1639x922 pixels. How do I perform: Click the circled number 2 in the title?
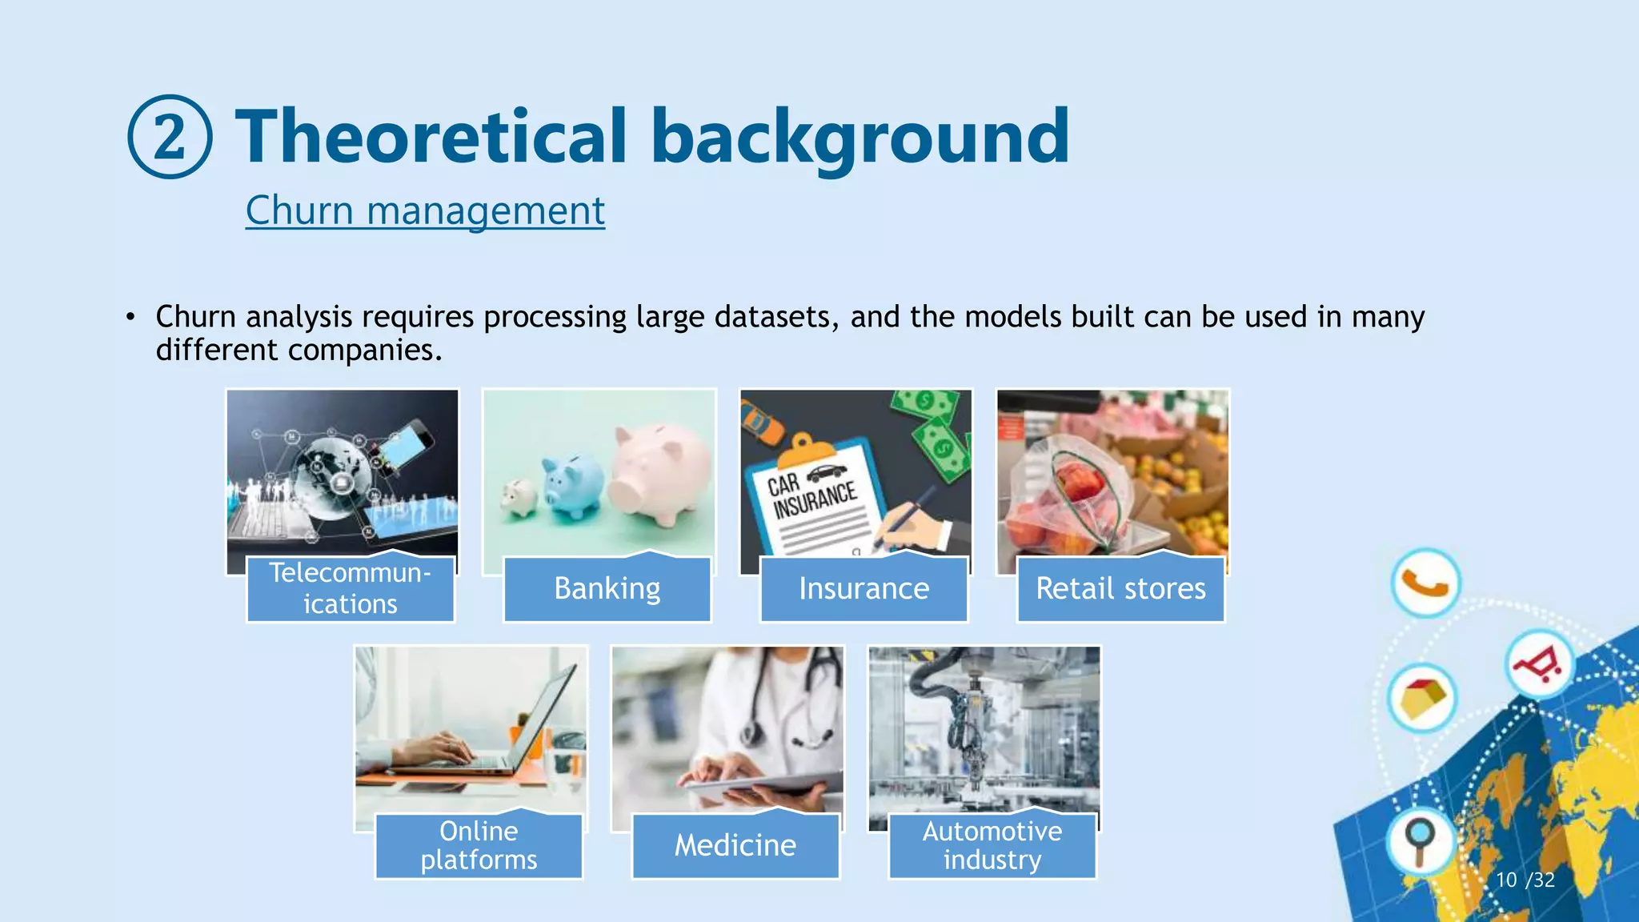click(x=170, y=137)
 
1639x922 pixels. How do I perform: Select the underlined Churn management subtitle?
click(x=425, y=210)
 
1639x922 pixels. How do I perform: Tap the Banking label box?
click(x=607, y=589)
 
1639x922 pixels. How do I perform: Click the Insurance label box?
click(x=864, y=589)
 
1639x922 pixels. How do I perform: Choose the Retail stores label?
click(x=1120, y=589)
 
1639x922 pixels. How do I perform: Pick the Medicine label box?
click(x=735, y=846)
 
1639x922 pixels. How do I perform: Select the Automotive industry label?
click(x=992, y=846)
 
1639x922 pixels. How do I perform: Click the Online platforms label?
click(x=479, y=846)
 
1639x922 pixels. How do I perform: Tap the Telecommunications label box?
click(x=350, y=589)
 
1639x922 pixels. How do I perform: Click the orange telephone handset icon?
click(x=1425, y=583)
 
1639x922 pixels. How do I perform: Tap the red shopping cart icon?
click(x=1538, y=664)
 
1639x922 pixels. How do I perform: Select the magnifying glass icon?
click(x=1420, y=840)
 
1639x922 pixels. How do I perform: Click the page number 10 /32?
click(x=1525, y=880)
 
